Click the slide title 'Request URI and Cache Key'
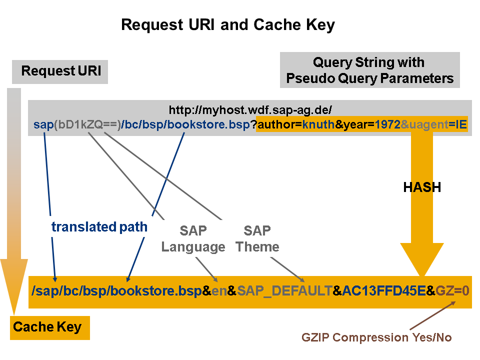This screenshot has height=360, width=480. [228, 25]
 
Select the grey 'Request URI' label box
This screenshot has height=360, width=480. [60, 71]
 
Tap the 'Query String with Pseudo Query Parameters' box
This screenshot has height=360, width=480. [369, 70]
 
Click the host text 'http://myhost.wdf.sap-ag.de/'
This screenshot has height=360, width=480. [250, 110]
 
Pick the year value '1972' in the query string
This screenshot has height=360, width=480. [387, 125]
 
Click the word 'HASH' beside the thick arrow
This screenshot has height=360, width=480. [422, 187]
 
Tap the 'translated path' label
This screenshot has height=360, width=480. [99, 227]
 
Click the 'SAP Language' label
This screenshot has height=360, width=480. [193, 239]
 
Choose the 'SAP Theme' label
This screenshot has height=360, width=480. [257, 239]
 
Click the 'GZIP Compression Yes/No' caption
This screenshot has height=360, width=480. [376, 337]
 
